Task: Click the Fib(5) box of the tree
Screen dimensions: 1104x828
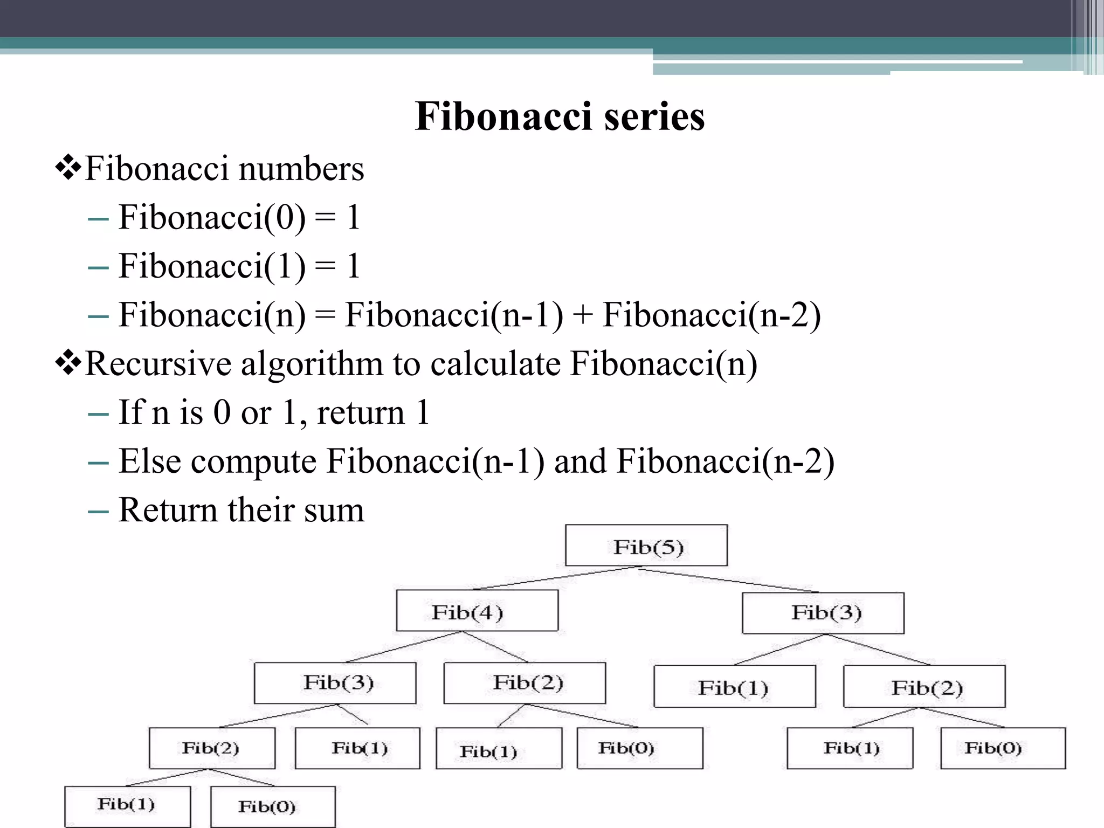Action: [x=646, y=546]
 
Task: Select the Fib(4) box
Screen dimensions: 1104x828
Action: [x=477, y=611]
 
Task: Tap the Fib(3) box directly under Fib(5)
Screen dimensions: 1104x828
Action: [x=823, y=613]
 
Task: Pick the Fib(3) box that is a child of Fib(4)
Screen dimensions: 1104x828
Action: [x=335, y=683]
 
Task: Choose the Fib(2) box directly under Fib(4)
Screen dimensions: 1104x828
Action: [x=525, y=683]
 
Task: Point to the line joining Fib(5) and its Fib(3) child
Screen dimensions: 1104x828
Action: [x=728, y=579]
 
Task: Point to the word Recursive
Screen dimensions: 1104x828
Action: [x=158, y=364]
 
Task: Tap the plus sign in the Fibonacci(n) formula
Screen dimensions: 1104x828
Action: [x=582, y=315]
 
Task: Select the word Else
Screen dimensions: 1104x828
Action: [x=149, y=461]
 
